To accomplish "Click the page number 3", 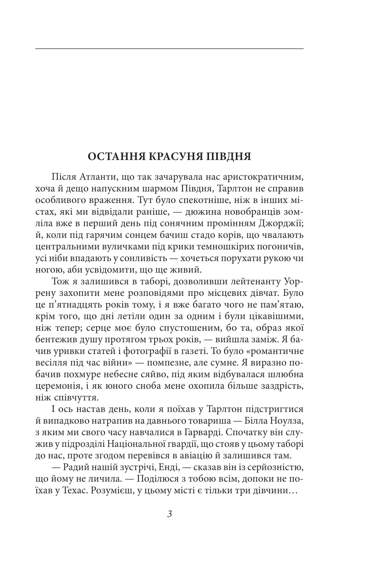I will [x=169, y=514].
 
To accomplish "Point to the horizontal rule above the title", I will [x=169, y=49].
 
